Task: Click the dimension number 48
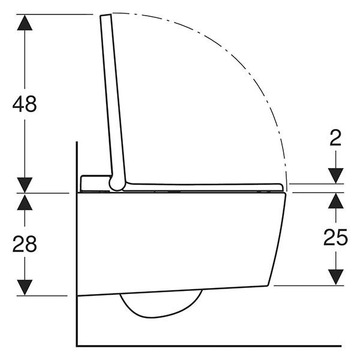pyautogui.click(x=25, y=104)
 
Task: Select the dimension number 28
pyautogui.click(x=25, y=244)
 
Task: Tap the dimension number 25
pyautogui.click(x=335, y=238)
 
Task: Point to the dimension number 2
pyautogui.click(x=335, y=138)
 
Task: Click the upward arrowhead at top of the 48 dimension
pyautogui.click(x=25, y=22)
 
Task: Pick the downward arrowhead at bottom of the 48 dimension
pyautogui.click(x=25, y=185)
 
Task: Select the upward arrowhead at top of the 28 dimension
pyautogui.click(x=25, y=202)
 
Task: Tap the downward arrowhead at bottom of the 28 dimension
pyautogui.click(x=25, y=287)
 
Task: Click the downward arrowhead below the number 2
pyautogui.click(x=335, y=175)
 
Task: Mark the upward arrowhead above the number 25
pyautogui.click(x=335, y=201)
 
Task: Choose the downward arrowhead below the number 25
pyautogui.click(x=335, y=277)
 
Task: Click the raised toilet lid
pyautogui.click(x=113, y=96)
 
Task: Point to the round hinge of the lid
pyautogui.click(x=116, y=182)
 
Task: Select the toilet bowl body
pyautogui.click(x=180, y=240)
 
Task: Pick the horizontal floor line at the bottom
pyautogui.click(x=210, y=346)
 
